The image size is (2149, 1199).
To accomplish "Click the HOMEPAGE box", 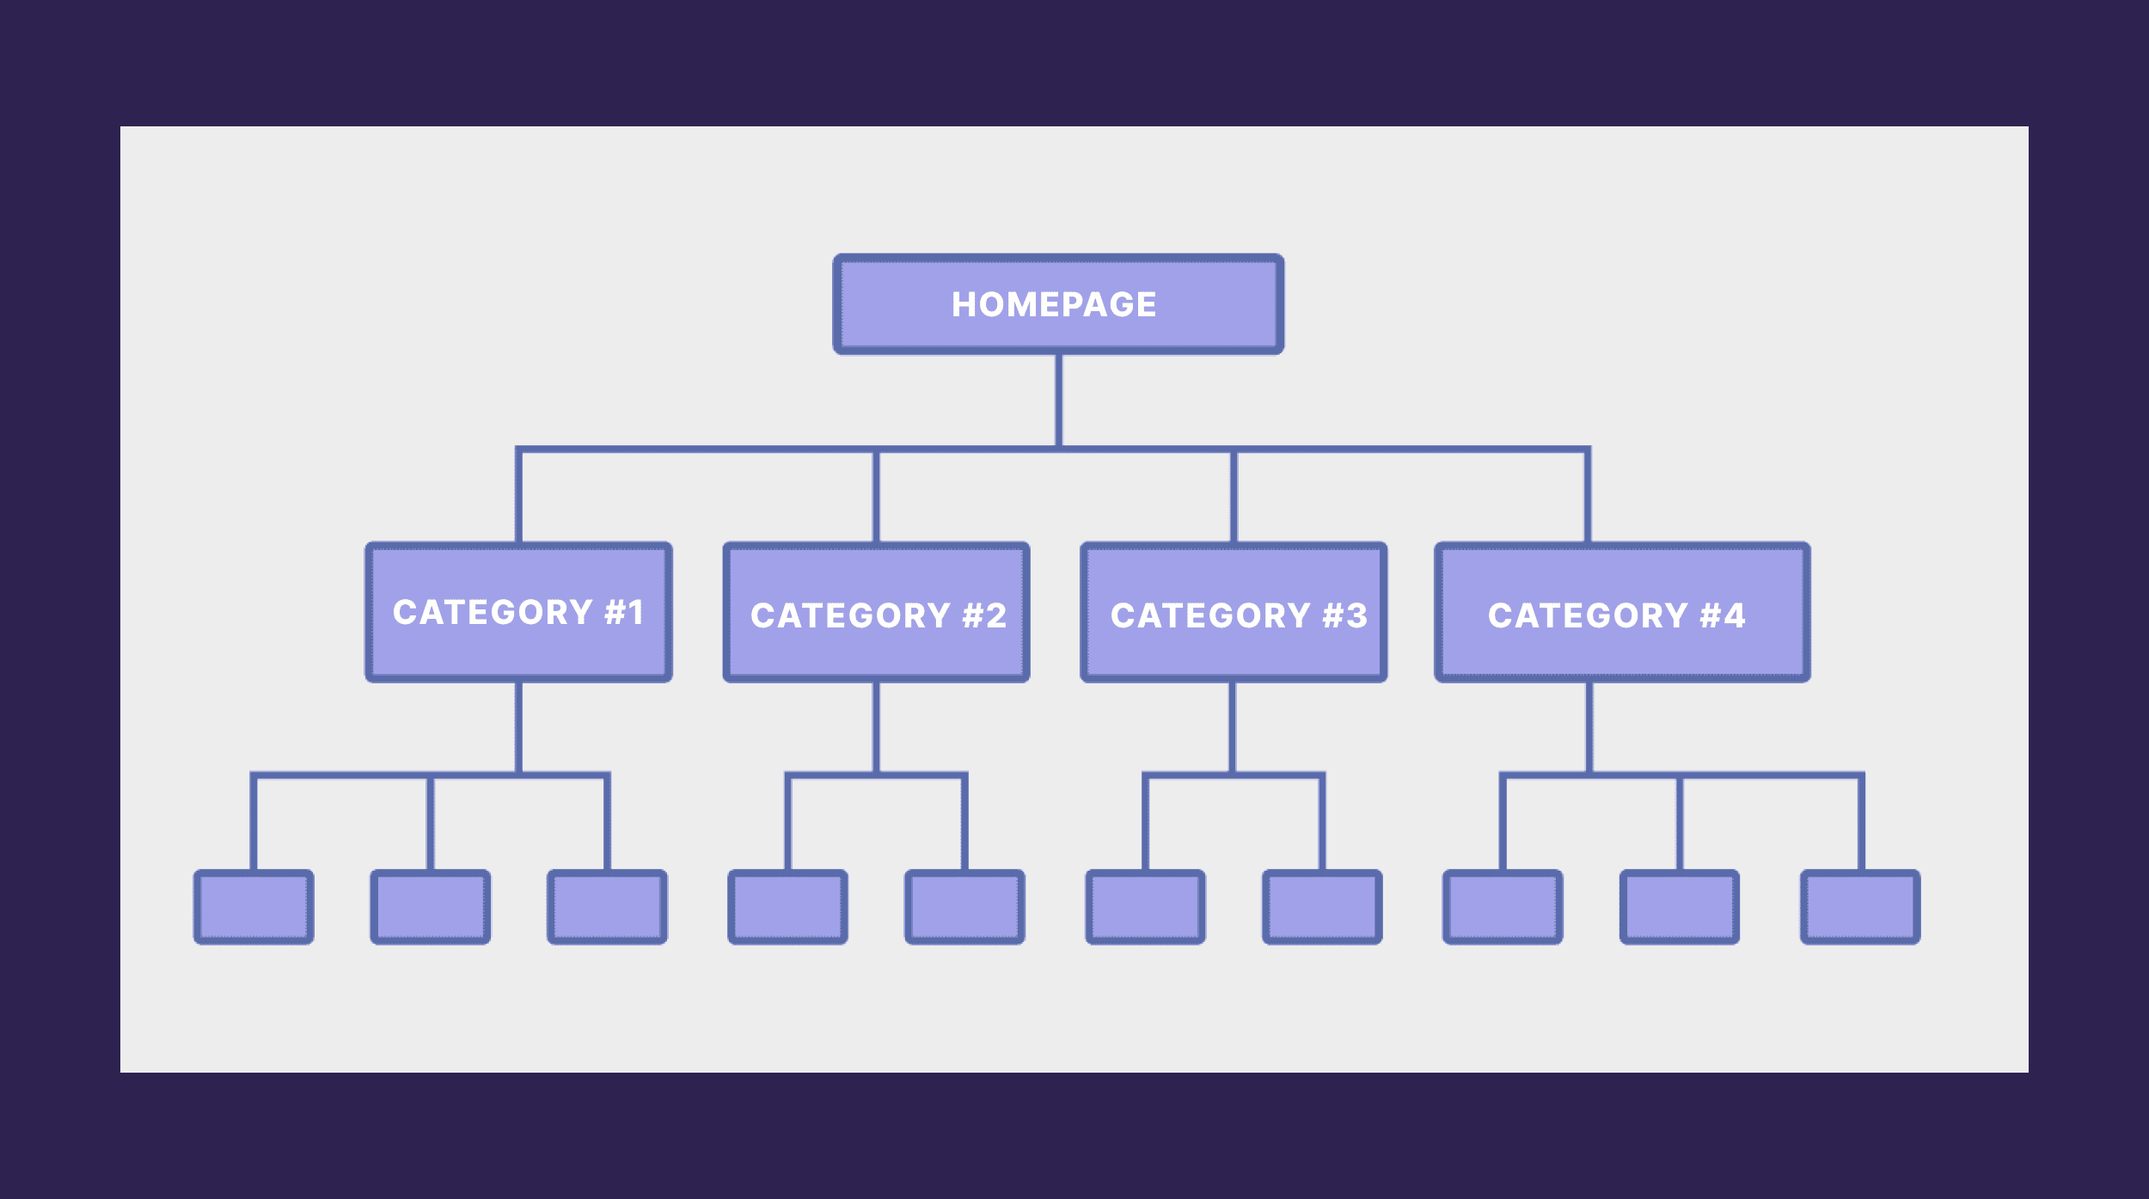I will (1058, 304).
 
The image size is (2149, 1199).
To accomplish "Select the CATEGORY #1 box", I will (518, 612).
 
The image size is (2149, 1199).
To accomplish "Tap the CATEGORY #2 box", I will (876, 612).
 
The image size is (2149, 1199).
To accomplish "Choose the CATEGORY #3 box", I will (1234, 612).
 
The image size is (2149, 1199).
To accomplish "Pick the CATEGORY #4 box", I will (1622, 612).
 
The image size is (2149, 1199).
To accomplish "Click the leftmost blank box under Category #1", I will (254, 907).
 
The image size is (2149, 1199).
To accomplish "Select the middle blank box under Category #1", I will (431, 907).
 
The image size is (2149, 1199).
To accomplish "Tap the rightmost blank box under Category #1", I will (608, 907).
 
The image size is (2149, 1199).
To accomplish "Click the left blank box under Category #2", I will (787, 907).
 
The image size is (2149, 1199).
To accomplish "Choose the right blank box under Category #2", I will (964, 907).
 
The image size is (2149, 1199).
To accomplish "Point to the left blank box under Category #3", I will (1145, 907).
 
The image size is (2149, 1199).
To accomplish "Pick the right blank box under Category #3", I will (1322, 907).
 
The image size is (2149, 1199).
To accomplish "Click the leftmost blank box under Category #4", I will (1503, 907).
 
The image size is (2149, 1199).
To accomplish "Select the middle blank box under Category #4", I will (1680, 907).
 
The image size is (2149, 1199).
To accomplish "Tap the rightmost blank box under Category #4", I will (1860, 907).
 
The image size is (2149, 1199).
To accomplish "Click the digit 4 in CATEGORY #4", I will (1734, 615).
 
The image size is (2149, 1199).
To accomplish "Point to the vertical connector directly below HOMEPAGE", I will (1059, 400).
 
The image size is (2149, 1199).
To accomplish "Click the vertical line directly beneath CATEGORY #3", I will (1233, 727).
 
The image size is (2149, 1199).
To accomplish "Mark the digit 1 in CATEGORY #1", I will (635, 613).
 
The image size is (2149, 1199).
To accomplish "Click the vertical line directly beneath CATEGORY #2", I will (876, 727).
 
